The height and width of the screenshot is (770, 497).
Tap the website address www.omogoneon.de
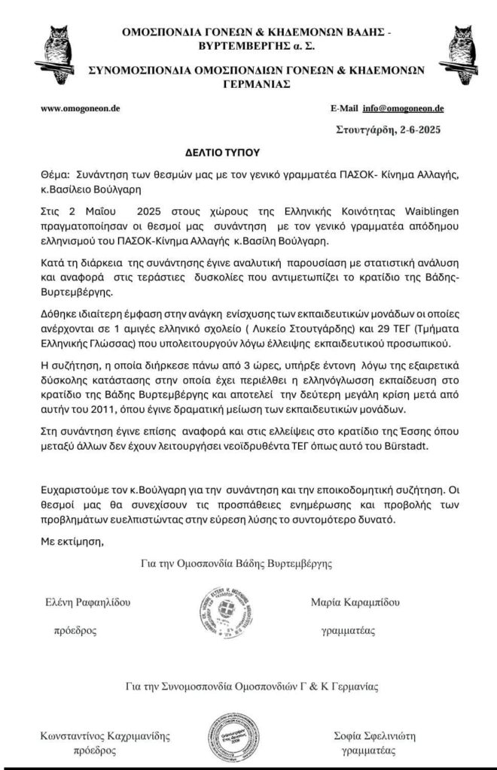coord(81,108)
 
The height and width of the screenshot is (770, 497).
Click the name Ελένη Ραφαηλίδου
coord(88,604)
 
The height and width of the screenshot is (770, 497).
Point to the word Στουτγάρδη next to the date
coord(365,130)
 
